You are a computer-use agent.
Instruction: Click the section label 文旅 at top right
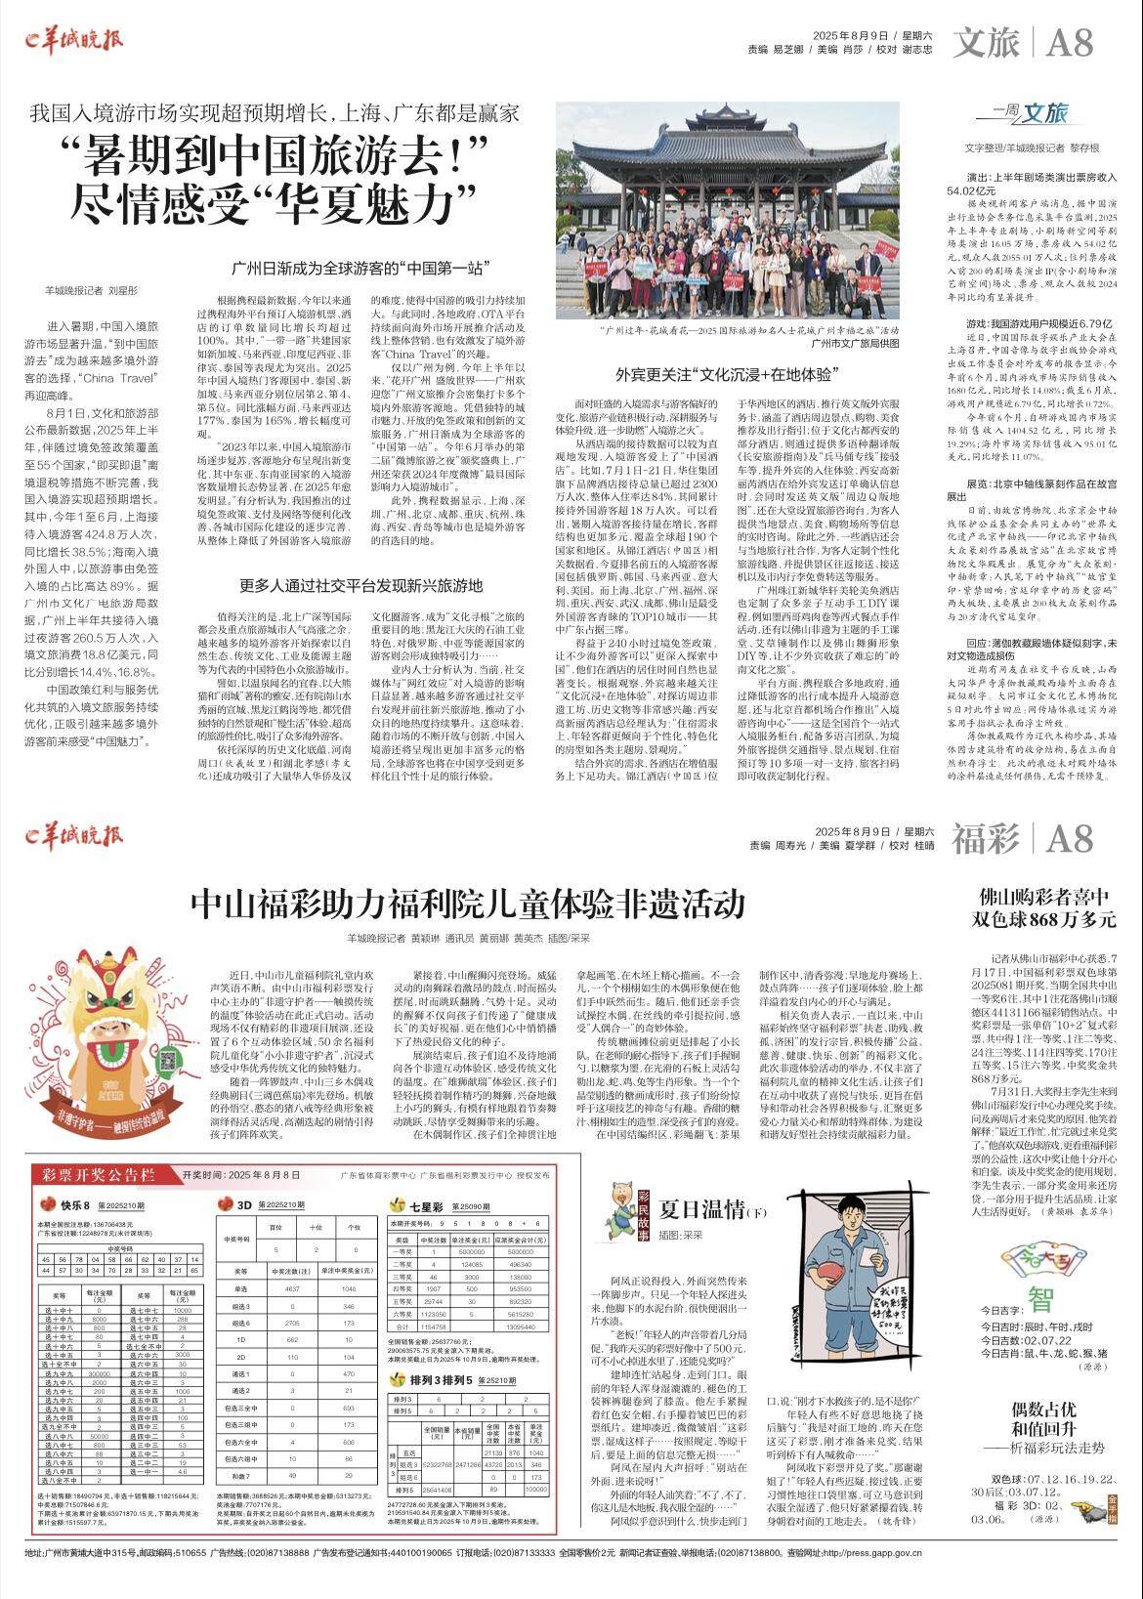986,43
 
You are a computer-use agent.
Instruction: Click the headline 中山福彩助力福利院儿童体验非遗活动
467,903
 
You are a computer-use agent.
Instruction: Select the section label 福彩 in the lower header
986,838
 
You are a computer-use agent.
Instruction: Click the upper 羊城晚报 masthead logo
74,41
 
